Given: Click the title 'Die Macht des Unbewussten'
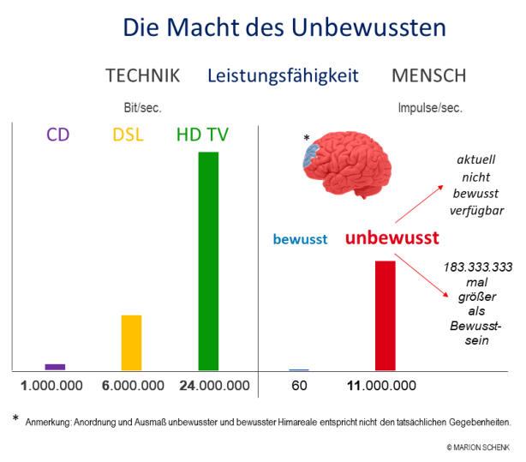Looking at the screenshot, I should pos(284,27).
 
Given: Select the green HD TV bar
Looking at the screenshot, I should pos(208,261).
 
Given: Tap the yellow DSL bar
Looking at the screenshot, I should pos(131,342).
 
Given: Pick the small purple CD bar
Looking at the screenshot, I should pos(55,367).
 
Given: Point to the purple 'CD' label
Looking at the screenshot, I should pos(57,135).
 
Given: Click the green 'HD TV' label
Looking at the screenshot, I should pos(208,135).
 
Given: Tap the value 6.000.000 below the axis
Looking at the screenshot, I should pos(132,386).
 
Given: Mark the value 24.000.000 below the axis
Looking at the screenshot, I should pos(214,386).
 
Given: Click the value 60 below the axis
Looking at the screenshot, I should pos(299,386).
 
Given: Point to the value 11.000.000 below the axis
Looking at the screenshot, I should pos(381,386).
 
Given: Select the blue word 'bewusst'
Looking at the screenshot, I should pos(300,240).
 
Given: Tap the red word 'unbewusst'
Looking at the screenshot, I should pos(392,238).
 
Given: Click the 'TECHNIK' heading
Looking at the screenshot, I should pos(142,75).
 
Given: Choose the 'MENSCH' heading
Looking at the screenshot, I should pos(428,75).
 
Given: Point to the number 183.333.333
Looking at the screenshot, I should pos(477,267).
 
